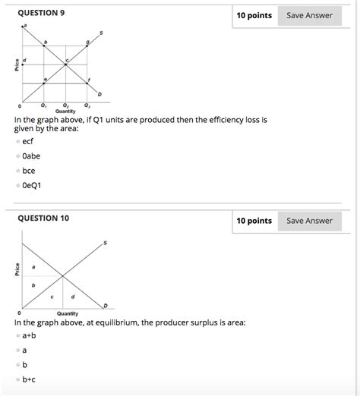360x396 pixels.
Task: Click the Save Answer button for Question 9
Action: coord(309,15)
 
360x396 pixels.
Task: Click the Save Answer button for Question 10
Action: coord(309,221)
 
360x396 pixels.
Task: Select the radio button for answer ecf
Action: coord(17,141)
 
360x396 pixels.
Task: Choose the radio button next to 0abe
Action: coord(17,156)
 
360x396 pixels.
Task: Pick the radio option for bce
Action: coord(17,170)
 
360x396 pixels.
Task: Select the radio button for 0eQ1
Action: coord(17,184)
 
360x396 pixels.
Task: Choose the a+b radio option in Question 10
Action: coord(17,335)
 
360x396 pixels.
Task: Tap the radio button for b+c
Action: coord(17,379)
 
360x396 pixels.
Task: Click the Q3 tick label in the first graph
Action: coord(87,105)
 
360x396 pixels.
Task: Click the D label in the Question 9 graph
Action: coord(99,93)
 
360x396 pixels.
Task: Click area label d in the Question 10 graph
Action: coord(73,296)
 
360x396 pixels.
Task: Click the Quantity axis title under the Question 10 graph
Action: coord(66,313)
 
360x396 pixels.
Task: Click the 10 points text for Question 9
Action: coord(254,15)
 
